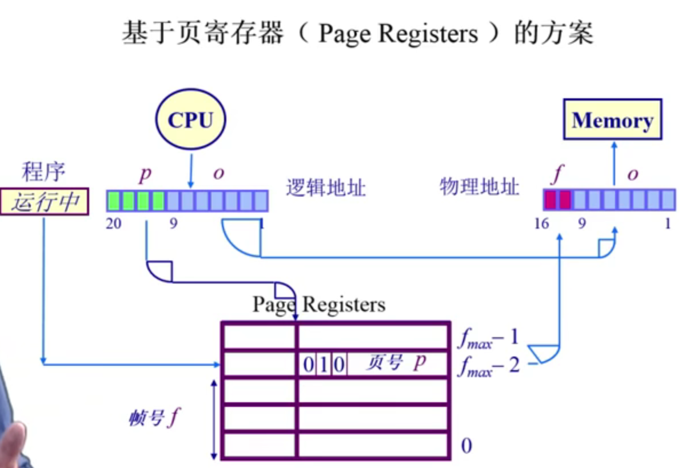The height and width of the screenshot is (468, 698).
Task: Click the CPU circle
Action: (191, 120)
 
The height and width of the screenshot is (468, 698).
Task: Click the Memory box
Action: (612, 120)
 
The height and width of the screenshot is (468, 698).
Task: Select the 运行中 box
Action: (45, 202)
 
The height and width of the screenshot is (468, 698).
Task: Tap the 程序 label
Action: (43, 171)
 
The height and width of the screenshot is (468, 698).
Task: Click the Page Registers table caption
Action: (319, 304)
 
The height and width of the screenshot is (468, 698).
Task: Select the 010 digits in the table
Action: (324, 364)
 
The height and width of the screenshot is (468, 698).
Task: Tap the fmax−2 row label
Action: (488, 366)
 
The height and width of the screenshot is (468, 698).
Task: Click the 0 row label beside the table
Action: (466, 446)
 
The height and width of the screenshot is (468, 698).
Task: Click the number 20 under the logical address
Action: (114, 223)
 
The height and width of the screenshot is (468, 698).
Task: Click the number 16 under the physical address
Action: (541, 223)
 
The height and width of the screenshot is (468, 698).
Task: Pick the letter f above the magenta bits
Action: (556, 174)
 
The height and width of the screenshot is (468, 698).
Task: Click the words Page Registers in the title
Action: (398, 34)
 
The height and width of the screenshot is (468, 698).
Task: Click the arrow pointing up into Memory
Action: (615, 163)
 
